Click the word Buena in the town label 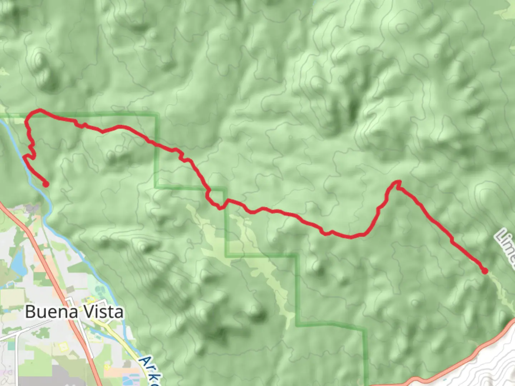pyautogui.click(x=51, y=312)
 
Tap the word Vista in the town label pyautogui.click(x=104, y=312)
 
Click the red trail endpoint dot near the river pyautogui.click(x=46, y=184)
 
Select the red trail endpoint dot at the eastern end pyautogui.click(x=485, y=271)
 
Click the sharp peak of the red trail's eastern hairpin pyautogui.click(x=398, y=182)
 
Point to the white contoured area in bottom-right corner pyautogui.click(x=494, y=365)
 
